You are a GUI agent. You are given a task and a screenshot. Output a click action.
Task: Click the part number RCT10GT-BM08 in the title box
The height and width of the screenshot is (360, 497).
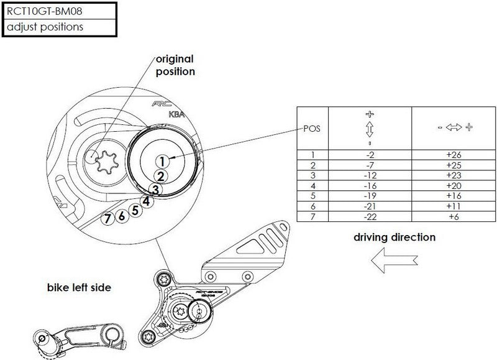[x=44, y=11]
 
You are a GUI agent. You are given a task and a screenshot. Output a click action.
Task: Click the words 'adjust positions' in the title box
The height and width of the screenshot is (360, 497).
[x=45, y=27]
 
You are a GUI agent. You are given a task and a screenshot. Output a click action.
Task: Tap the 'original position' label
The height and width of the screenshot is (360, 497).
[x=175, y=65]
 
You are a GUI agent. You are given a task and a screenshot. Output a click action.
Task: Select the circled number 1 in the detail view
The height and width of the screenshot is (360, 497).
[x=162, y=162]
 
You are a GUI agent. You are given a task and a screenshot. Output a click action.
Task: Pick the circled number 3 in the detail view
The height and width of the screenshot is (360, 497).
[x=155, y=190]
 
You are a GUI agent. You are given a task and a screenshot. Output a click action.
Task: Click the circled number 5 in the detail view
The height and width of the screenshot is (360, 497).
[x=135, y=210]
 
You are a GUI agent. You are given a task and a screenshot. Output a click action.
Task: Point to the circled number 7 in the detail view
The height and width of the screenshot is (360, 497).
[x=107, y=218]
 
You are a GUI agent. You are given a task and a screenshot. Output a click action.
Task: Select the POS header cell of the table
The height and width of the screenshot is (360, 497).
[x=312, y=129]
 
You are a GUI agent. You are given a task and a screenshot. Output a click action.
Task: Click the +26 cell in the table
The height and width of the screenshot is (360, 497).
[x=454, y=155]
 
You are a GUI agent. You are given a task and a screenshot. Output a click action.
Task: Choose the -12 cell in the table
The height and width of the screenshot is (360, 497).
[x=370, y=175]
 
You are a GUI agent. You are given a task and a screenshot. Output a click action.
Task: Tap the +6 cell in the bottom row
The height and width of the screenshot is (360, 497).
[x=454, y=216]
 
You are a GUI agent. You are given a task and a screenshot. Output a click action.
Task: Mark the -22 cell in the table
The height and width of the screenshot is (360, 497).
[x=370, y=216]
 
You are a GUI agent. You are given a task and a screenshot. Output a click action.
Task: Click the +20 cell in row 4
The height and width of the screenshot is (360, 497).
[x=454, y=186]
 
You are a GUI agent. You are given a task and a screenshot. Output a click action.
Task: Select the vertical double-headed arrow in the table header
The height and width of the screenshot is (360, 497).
[x=370, y=129]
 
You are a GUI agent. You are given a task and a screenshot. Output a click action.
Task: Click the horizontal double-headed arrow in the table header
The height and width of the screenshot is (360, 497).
[x=454, y=127]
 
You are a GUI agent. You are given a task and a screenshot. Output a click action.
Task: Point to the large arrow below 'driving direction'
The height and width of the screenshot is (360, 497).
[x=394, y=260]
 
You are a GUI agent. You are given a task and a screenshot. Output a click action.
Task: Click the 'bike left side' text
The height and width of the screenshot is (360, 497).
[x=80, y=287]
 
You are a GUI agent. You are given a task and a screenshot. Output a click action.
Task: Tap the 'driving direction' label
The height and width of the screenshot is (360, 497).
[x=394, y=238]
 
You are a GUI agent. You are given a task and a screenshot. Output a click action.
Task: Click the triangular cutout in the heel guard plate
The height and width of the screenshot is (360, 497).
[x=252, y=247]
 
